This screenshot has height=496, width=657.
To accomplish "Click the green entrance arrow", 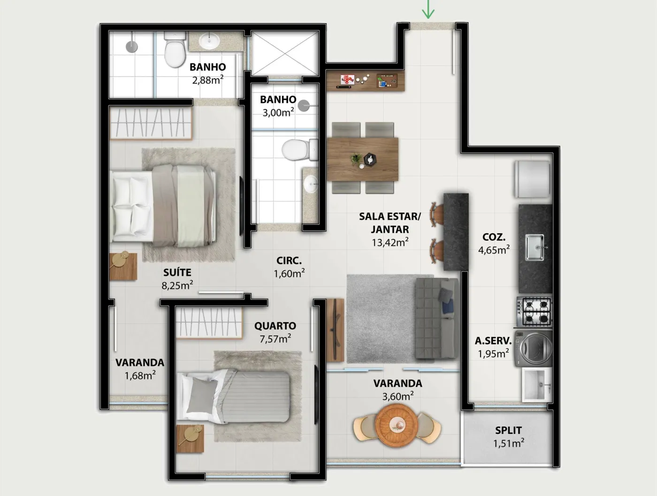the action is pos(428,9).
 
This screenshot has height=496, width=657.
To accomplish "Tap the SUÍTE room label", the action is pos(177,273).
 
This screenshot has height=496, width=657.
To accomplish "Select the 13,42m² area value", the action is pos(390,242).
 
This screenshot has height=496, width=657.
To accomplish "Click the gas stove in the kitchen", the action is pos(535,312).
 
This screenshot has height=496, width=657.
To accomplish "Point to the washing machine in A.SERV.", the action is pos(534,348).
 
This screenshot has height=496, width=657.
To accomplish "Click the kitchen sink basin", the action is pos(535,247).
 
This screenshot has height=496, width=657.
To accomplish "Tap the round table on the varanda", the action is pos(397,425).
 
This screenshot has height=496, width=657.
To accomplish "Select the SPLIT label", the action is pos(508,430).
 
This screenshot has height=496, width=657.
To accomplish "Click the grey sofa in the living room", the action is pos(437,318).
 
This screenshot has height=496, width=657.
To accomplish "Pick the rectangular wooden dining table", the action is pos(362,159).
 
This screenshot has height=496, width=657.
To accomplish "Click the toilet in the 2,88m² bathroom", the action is pos(175,50).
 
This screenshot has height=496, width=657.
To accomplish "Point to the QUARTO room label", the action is pos(275,326).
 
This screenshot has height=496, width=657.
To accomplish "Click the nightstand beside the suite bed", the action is pos(123,266).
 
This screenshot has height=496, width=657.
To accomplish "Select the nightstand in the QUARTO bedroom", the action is pos(190,439).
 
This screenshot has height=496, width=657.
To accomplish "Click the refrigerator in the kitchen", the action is pos(532,179).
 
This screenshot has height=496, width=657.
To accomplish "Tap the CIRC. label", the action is pos(289,260).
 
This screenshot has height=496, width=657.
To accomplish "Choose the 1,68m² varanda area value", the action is pos(140,376).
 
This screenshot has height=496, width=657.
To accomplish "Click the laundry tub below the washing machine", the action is pos(537,385).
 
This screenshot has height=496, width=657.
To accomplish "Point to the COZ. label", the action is pos(494,237).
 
